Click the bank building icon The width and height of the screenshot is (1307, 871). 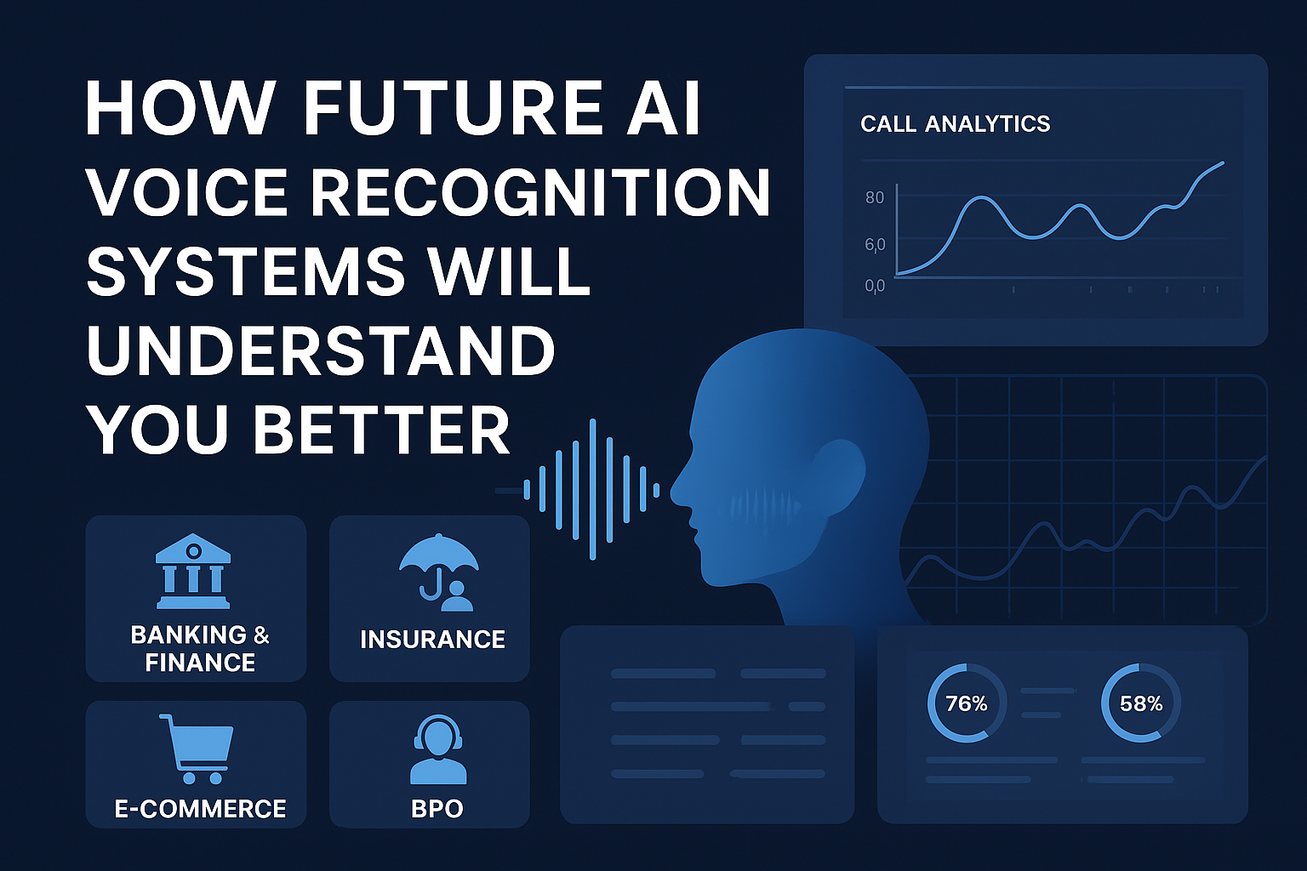pos(193,571)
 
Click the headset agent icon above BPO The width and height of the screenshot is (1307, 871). pos(437,749)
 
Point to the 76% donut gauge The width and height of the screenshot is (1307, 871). pos(967,703)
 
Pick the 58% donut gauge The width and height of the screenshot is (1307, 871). pos(1141,703)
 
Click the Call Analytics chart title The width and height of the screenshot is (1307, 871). pos(955,124)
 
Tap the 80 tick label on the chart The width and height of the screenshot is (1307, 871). pos(875,197)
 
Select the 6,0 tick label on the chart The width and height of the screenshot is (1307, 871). pos(875,245)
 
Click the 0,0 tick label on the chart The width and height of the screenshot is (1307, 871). pos(875,286)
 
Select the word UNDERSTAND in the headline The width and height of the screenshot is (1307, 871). pos(320,350)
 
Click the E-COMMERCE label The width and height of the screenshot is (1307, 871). pos(200,808)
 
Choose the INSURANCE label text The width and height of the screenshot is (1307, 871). pos(432,639)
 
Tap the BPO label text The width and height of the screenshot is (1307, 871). pos(437,808)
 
